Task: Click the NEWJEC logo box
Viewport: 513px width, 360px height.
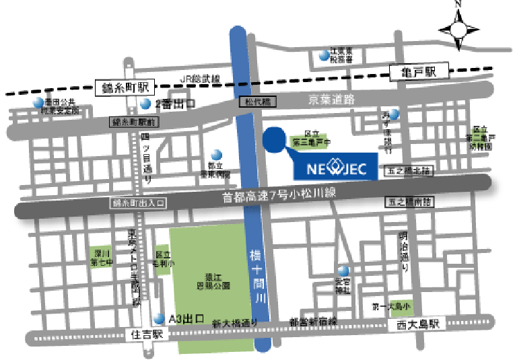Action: click(x=335, y=169)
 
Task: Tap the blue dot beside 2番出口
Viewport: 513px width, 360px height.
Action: click(x=146, y=104)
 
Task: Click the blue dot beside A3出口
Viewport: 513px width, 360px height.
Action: click(x=158, y=318)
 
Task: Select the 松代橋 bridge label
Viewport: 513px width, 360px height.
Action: click(x=258, y=102)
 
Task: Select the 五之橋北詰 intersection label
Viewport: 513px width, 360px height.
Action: click(x=409, y=172)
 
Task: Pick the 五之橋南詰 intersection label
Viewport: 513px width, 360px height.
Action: click(x=409, y=202)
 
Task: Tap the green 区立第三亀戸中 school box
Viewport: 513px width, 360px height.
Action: click(x=309, y=139)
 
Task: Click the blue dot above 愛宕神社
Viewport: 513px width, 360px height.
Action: click(x=343, y=271)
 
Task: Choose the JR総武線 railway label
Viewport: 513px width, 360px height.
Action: click(x=201, y=79)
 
